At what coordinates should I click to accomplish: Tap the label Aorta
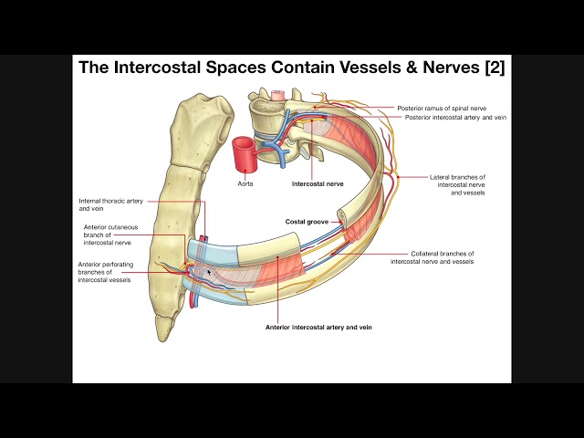pyautogui.click(x=245, y=182)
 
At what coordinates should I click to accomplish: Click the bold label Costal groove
pyautogui.click(x=306, y=222)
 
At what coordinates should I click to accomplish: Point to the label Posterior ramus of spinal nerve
pyautogui.click(x=447, y=108)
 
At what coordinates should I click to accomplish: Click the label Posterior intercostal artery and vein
pyautogui.click(x=454, y=118)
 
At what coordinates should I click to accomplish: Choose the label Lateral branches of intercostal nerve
pyautogui.click(x=457, y=181)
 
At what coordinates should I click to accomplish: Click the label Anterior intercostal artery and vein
pyautogui.click(x=318, y=327)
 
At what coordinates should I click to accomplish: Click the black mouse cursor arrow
pyautogui.click(x=209, y=271)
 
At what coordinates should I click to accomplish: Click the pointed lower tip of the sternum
pyautogui.click(x=165, y=334)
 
